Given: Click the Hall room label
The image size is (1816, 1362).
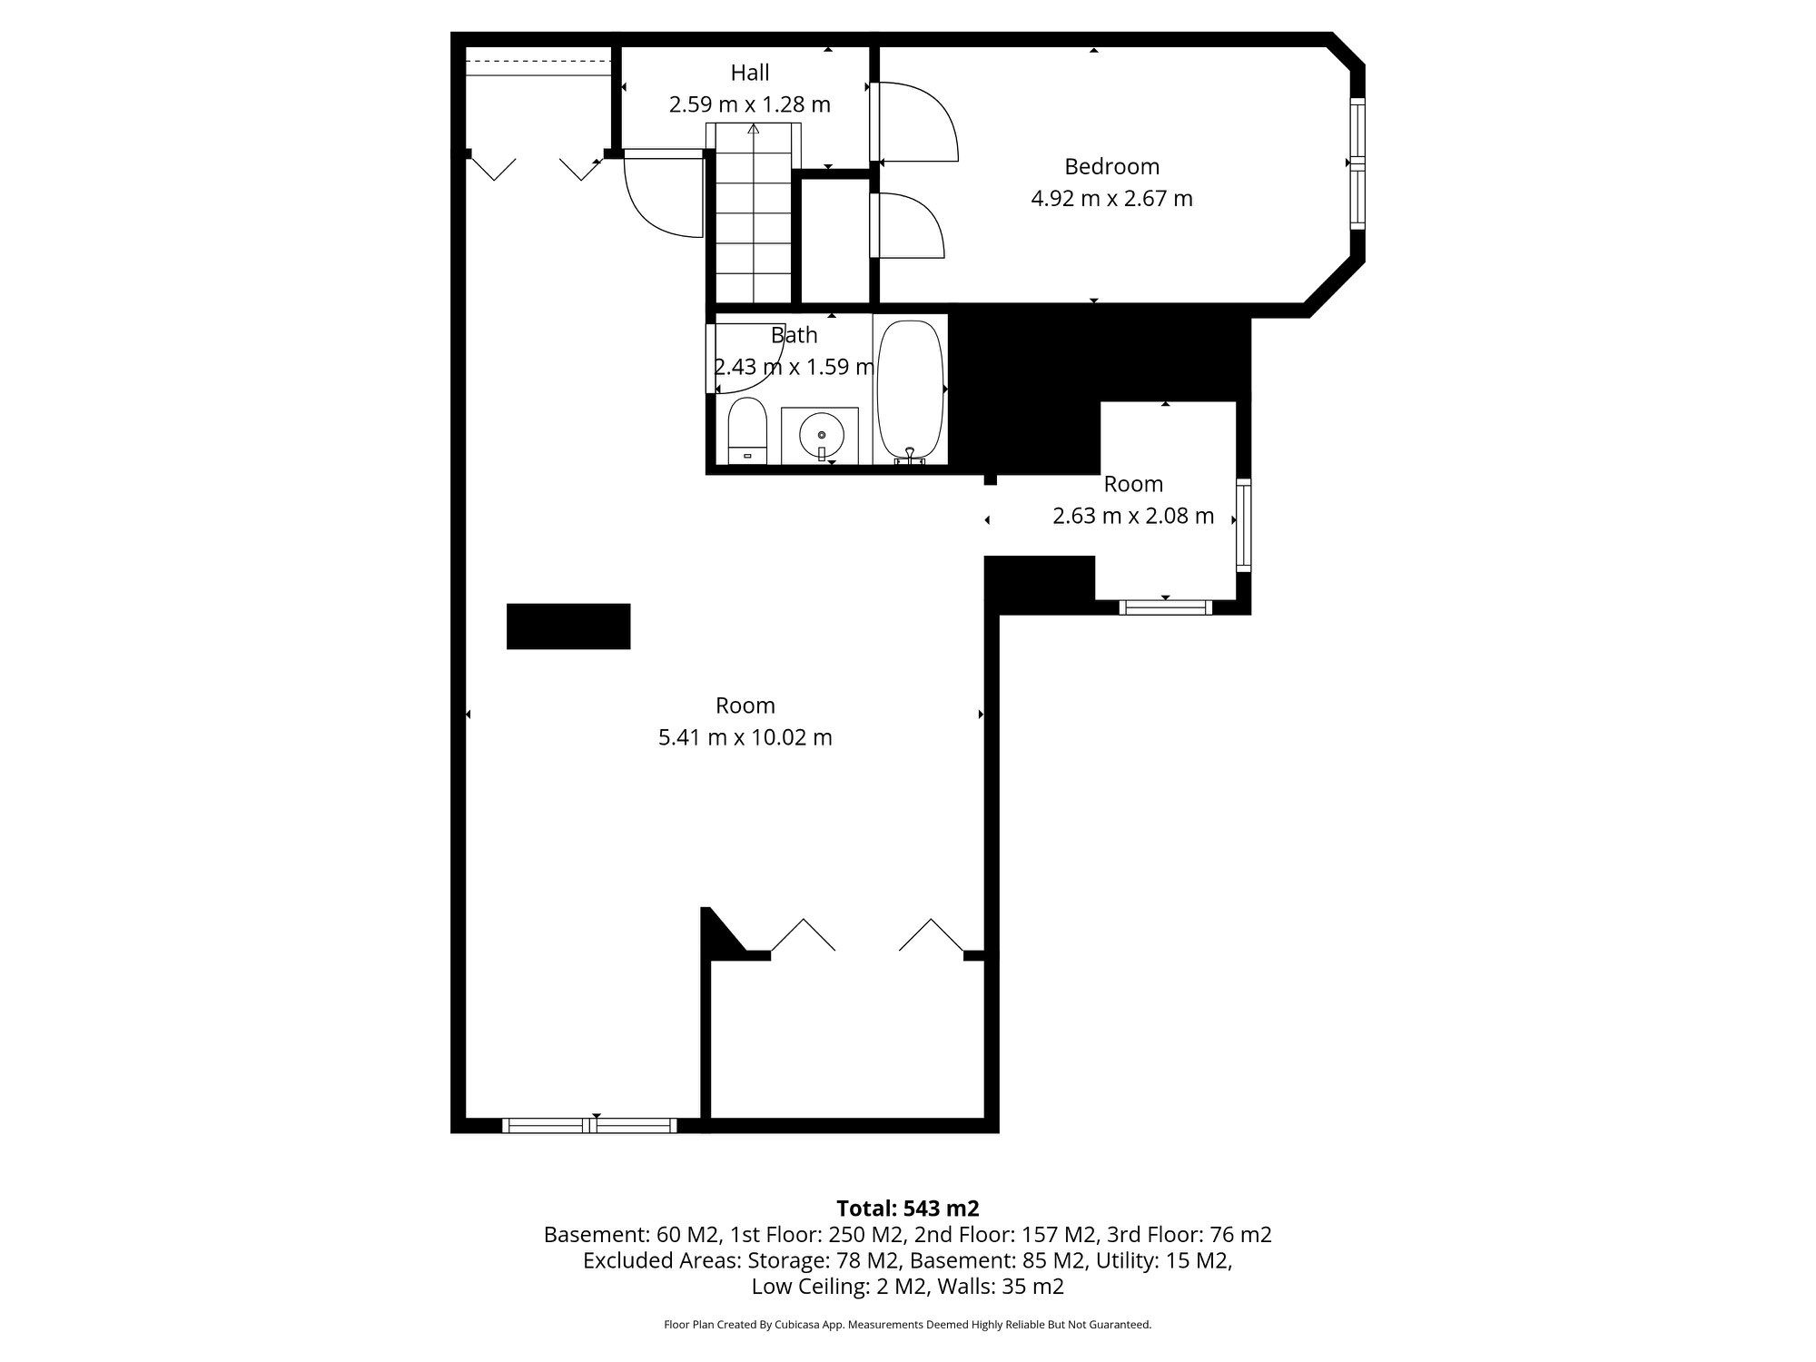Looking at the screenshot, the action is click(x=750, y=73).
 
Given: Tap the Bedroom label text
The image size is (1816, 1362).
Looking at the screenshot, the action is click(x=1111, y=167).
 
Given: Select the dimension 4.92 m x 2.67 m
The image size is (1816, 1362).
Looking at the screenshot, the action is click(x=1111, y=198).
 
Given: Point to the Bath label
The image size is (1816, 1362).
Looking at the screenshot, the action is click(x=794, y=335).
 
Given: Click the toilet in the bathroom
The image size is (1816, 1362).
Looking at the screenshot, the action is click(x=747, y=431).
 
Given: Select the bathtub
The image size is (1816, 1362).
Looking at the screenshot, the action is click(x=911, y=390).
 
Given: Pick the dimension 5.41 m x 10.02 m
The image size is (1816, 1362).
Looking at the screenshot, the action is click(x=745, y=737).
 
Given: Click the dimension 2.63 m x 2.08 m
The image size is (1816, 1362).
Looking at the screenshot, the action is click(x=1133, y=516).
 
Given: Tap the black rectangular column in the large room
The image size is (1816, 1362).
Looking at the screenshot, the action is click(x=568, y=627).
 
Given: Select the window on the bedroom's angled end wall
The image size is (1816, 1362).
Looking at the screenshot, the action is click(x=1357, y=163).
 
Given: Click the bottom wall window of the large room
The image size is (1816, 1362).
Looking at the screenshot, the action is click(x=590, y=1126).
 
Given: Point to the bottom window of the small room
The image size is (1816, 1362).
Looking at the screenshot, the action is click(x=1165, y=607).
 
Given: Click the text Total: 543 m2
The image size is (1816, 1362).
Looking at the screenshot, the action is click(x=908, y=1209).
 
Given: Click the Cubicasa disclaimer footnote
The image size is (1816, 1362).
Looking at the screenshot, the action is click(x=908, y=1325).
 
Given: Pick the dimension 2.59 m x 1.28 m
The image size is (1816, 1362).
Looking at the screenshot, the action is click(x=750, y=104).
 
